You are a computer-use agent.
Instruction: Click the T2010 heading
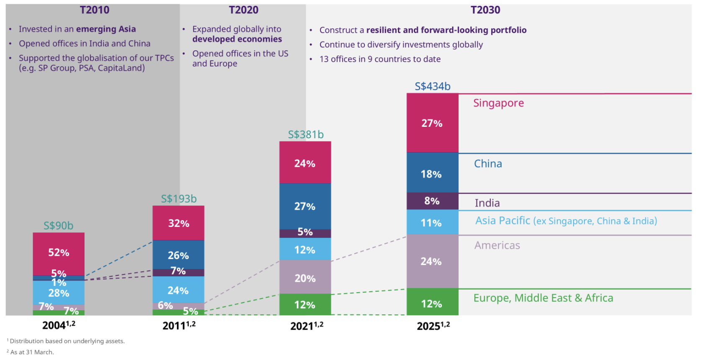[95, 10]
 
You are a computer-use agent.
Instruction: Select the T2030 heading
[485, 10]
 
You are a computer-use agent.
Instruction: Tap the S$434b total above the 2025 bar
[432, 86]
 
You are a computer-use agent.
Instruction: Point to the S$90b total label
[59, 226]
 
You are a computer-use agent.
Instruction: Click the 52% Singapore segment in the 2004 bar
[59, 252]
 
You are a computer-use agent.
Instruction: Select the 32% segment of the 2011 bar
[179, 223]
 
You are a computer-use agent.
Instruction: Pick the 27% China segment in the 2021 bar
[305, 206]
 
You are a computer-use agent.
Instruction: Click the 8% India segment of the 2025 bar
[432, 201]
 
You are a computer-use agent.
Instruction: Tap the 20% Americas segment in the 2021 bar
[305, 278]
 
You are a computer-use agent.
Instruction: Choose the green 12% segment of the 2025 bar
[432, 304]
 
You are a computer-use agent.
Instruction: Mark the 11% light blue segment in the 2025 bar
[432, 223]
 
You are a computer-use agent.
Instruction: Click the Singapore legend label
[498, 103]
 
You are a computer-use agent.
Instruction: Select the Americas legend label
[497, 245]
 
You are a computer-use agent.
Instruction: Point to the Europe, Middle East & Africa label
[543, 298]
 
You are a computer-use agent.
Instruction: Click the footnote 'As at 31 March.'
[32, 352]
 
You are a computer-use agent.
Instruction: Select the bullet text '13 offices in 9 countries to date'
[380, 59]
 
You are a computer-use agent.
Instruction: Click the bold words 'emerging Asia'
[106, 29]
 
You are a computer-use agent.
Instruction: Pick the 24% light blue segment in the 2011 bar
[179, 291]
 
